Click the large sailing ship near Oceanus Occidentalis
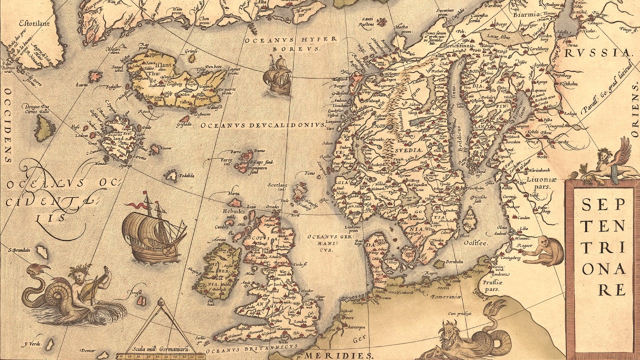click(153, 230)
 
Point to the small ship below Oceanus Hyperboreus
click(278, 76)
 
